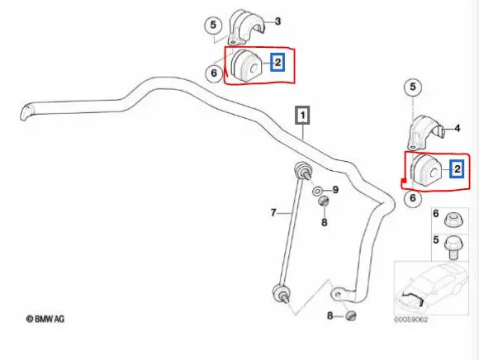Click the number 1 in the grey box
point(302,116)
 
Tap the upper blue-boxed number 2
point(277,63)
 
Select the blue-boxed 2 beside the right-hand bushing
point(457,169)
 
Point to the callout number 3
point(277,21)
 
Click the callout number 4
point(457,128)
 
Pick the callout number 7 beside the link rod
point(273,212)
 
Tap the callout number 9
point(335,190)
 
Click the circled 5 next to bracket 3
point(213,25)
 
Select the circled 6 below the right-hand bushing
point(413,198)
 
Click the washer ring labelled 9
point(317,192)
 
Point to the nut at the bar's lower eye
point(351,315)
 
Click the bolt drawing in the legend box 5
point(453,249)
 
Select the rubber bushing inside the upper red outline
point(247,66)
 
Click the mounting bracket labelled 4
point(425,132)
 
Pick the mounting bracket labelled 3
point(245,27)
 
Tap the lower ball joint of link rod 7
point(281,293)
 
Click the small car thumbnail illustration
point(431,287)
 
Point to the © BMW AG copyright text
point(45,319)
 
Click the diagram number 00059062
point(411,320)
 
